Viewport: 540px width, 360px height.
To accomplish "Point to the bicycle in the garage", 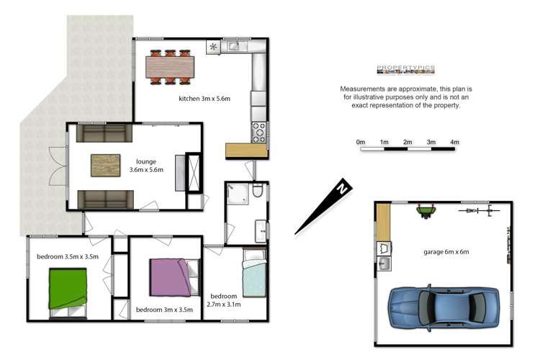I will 481,211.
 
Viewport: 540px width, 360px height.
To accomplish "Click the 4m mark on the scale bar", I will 454,143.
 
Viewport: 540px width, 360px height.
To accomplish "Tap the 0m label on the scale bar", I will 361,143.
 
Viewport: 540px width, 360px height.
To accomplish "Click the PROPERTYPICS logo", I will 406,70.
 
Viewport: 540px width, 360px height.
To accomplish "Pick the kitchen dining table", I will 168,67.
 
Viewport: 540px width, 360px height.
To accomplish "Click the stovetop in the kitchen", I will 258,132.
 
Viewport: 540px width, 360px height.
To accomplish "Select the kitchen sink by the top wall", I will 235,48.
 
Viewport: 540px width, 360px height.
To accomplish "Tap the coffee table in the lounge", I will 106,166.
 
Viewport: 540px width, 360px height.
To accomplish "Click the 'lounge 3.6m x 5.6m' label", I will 146,166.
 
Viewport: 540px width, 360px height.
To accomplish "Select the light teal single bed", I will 253,277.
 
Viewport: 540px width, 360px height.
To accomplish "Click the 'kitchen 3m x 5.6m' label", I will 204,99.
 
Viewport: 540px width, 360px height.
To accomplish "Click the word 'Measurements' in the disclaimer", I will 363,89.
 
